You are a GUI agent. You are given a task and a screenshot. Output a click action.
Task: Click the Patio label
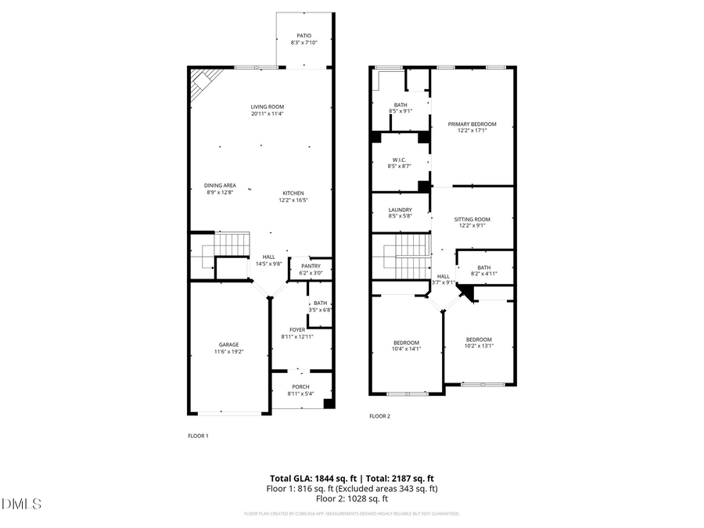coord(304,35)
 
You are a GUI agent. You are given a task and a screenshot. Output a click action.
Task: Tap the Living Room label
coord(267,106)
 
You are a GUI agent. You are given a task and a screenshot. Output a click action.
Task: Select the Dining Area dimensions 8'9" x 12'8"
coord(221,192)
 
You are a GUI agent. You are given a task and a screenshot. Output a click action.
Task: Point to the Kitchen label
coord(293,193)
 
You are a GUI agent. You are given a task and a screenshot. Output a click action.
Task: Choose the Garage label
coord(228,344)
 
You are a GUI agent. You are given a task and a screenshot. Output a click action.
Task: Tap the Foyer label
coord(297,329)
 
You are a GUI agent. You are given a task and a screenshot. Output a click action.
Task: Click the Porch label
coord(300,386)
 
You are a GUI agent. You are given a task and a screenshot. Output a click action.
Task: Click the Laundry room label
coord(400,210)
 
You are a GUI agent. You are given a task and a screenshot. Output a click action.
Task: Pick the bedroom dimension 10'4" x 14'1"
coord(406,350)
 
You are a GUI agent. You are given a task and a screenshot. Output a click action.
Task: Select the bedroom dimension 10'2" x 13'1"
coord(478,346)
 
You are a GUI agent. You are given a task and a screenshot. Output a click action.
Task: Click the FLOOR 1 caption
coord(198,436)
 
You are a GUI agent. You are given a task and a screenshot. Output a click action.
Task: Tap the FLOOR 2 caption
coord(379,416)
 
